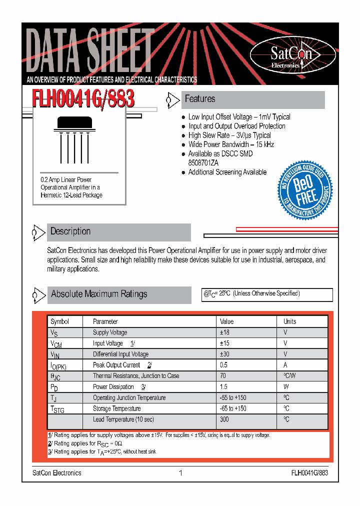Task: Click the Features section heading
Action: point(200,99)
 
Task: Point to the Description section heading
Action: point(70,231)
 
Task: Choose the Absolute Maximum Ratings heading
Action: point(99,294)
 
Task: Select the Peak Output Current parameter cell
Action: point(116,365)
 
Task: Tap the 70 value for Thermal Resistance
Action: point(223,376)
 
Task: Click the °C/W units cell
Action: point(289,376)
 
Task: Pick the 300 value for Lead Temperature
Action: point(224,419)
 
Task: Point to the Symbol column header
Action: point(59,321)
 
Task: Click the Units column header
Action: point(289,321)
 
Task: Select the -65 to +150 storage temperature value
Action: point(233,408)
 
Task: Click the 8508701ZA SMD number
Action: point(203,163)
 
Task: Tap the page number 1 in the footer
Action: point(180,472)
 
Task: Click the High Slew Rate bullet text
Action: point(229,135)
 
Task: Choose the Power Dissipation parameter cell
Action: point(113,387)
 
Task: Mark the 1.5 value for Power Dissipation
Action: point(223,387)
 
